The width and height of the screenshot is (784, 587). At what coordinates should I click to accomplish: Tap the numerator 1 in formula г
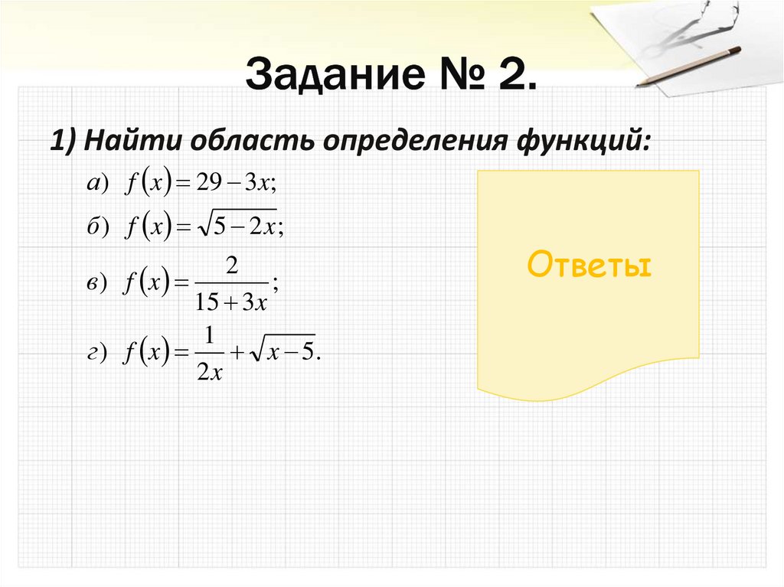click(x=208, y=336)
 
